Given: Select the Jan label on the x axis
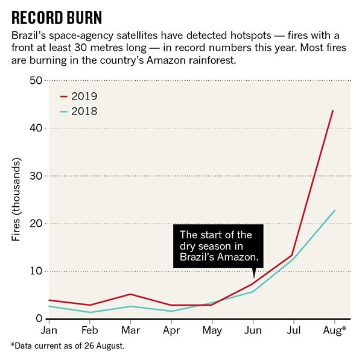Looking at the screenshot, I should [49, 331].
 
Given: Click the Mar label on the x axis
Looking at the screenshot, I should [130, 331].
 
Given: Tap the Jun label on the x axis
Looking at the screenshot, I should [252, 331].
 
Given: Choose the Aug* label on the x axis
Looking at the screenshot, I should [335, 331].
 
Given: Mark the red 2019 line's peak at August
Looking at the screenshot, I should [333, 110].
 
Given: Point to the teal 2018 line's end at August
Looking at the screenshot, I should [334, 210].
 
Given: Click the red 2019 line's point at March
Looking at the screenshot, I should [130, 294].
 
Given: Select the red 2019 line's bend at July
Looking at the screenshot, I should [293, 255].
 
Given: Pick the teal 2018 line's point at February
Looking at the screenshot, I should [89, 312].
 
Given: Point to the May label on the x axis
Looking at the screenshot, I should [211, 331].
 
